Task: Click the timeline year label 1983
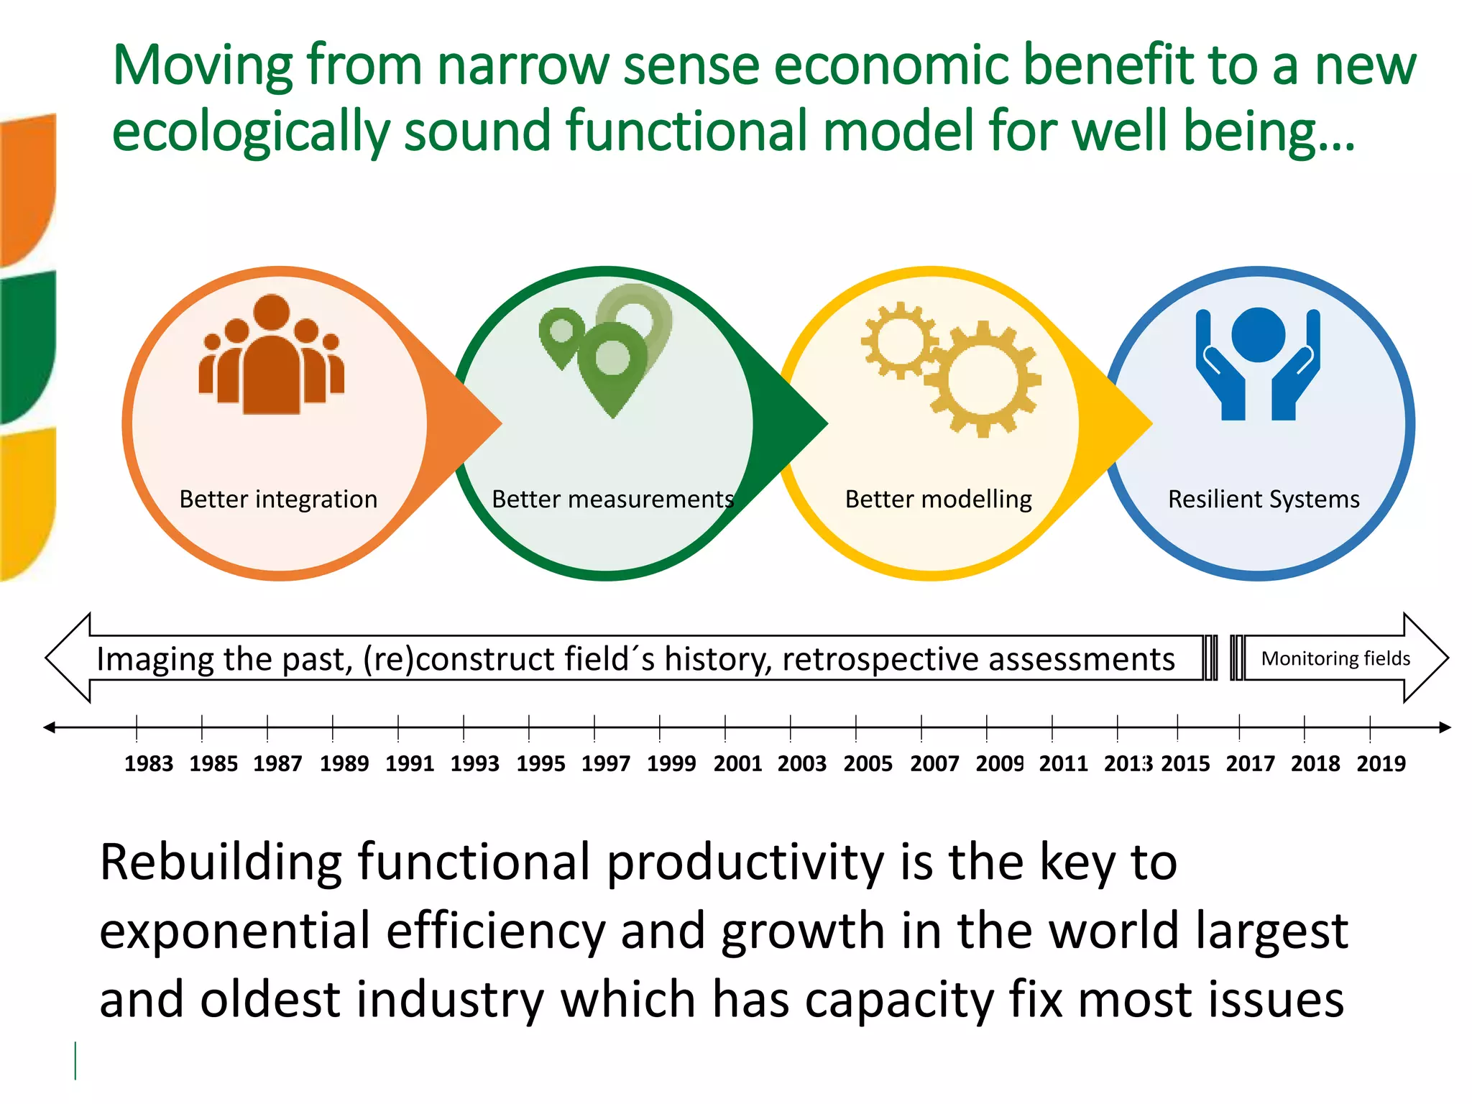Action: [x=149, y=763]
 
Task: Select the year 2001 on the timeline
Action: [x=737, y=763]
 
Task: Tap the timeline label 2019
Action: [x=1381, y=763]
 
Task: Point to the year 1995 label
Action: [x=540, y=763]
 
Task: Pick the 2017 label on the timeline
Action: [x=1250, y=763]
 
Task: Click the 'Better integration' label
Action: [x=278, y=499]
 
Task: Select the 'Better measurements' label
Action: [x=612, y=499]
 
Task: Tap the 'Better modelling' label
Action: [x=938, y=499]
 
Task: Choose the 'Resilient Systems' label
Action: [x=1264, y=499]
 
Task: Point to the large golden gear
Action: [x=983, y=379]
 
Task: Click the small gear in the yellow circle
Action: [x=898, y=341]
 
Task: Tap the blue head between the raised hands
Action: [x=1258, y=334]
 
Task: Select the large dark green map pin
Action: [x=613, y=363]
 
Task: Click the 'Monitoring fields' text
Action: [x=1335, y=658]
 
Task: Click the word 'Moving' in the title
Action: [x=202, y=65]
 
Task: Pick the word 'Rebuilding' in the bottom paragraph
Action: [x=220, y=862]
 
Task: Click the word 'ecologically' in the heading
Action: [x=249, y=132]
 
